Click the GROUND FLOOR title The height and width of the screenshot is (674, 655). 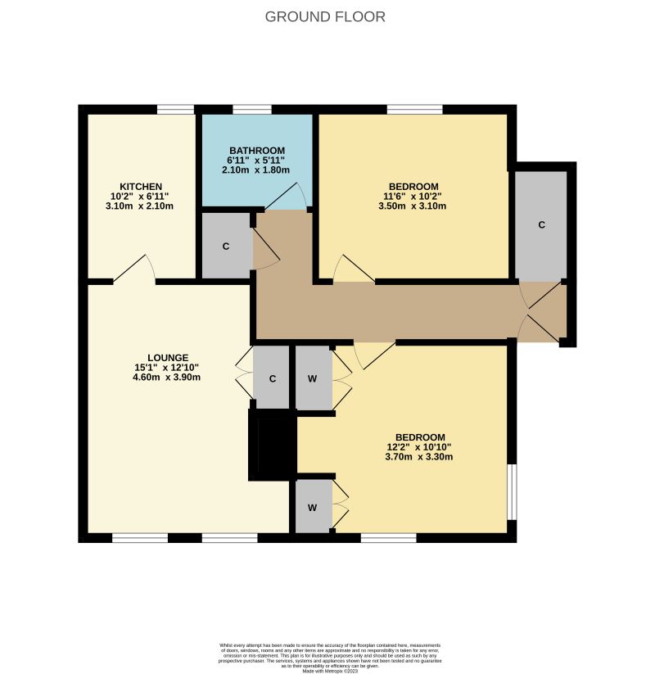click(x=325, y=16)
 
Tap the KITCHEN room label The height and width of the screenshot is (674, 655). click(x=141, y=187)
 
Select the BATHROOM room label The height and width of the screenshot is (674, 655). click(x=257, y=151)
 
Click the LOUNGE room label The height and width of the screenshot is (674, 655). click(x=168, y=358)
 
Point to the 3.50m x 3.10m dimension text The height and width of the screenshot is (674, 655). click(x=413, y=206)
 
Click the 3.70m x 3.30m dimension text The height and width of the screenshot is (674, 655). click(x=419, y=457)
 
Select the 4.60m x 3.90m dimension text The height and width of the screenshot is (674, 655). click(x=168, y=378)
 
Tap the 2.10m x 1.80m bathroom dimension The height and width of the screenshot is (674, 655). click(x=257, y=170)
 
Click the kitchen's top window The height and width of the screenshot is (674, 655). click(x=175, y=109)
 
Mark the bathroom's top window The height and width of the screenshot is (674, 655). click(x=251, y=109)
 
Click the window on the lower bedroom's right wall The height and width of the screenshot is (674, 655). click(x=512, y=491)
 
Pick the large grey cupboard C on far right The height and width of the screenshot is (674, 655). click(x=540, y=225)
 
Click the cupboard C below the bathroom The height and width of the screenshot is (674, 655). click(x=226, y=246)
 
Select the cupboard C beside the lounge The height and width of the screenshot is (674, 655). click(x=272, y=378)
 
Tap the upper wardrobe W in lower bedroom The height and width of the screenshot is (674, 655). click(x=313, y=378)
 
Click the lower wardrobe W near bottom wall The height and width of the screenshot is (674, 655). click(x=313, y=507)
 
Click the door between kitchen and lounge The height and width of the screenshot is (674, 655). click(x=134, y=273)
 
